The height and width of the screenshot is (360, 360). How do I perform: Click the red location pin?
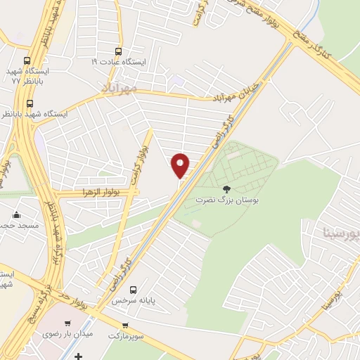[x=180, y=165]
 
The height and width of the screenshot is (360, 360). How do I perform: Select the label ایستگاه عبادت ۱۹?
[x=119, y=62]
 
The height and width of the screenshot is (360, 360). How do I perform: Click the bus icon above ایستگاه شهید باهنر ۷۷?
[x=27, y=61]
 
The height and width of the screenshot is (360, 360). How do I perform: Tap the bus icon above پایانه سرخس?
[x=134, y=289]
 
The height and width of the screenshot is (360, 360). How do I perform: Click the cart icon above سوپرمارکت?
[x=125, y=326]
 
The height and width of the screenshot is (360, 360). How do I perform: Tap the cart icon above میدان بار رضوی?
[x=67, y=323]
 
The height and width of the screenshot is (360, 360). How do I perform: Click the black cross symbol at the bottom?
[x=78, y=356]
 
